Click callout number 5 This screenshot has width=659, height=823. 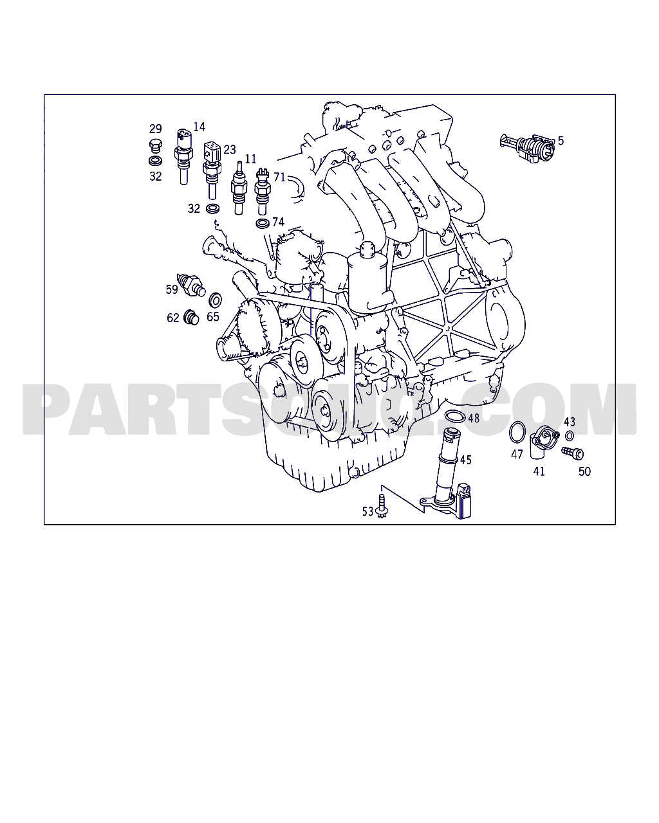click(561, 140)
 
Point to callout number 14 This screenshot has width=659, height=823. click(199, 127)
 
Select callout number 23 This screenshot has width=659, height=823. click(230, 149)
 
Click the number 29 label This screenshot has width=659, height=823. click(156, 129)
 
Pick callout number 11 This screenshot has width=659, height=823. click(250, 158)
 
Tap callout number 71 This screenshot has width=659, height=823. click(279, 177)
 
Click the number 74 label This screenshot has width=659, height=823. click(278, 222)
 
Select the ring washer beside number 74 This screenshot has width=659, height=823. click(262, 223)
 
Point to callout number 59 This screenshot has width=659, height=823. click(172, 289)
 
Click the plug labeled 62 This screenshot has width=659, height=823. click(191, 317)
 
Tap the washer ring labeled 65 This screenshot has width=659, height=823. click(216, 299)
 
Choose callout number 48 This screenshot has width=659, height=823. click(474, 418)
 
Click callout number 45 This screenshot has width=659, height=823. click(465, 460)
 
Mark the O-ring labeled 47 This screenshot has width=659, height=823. click(516, 432)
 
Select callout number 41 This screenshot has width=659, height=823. click(539, 471)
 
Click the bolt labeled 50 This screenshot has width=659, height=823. click(570, 453)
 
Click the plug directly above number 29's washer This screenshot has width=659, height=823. click(154, 144)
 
